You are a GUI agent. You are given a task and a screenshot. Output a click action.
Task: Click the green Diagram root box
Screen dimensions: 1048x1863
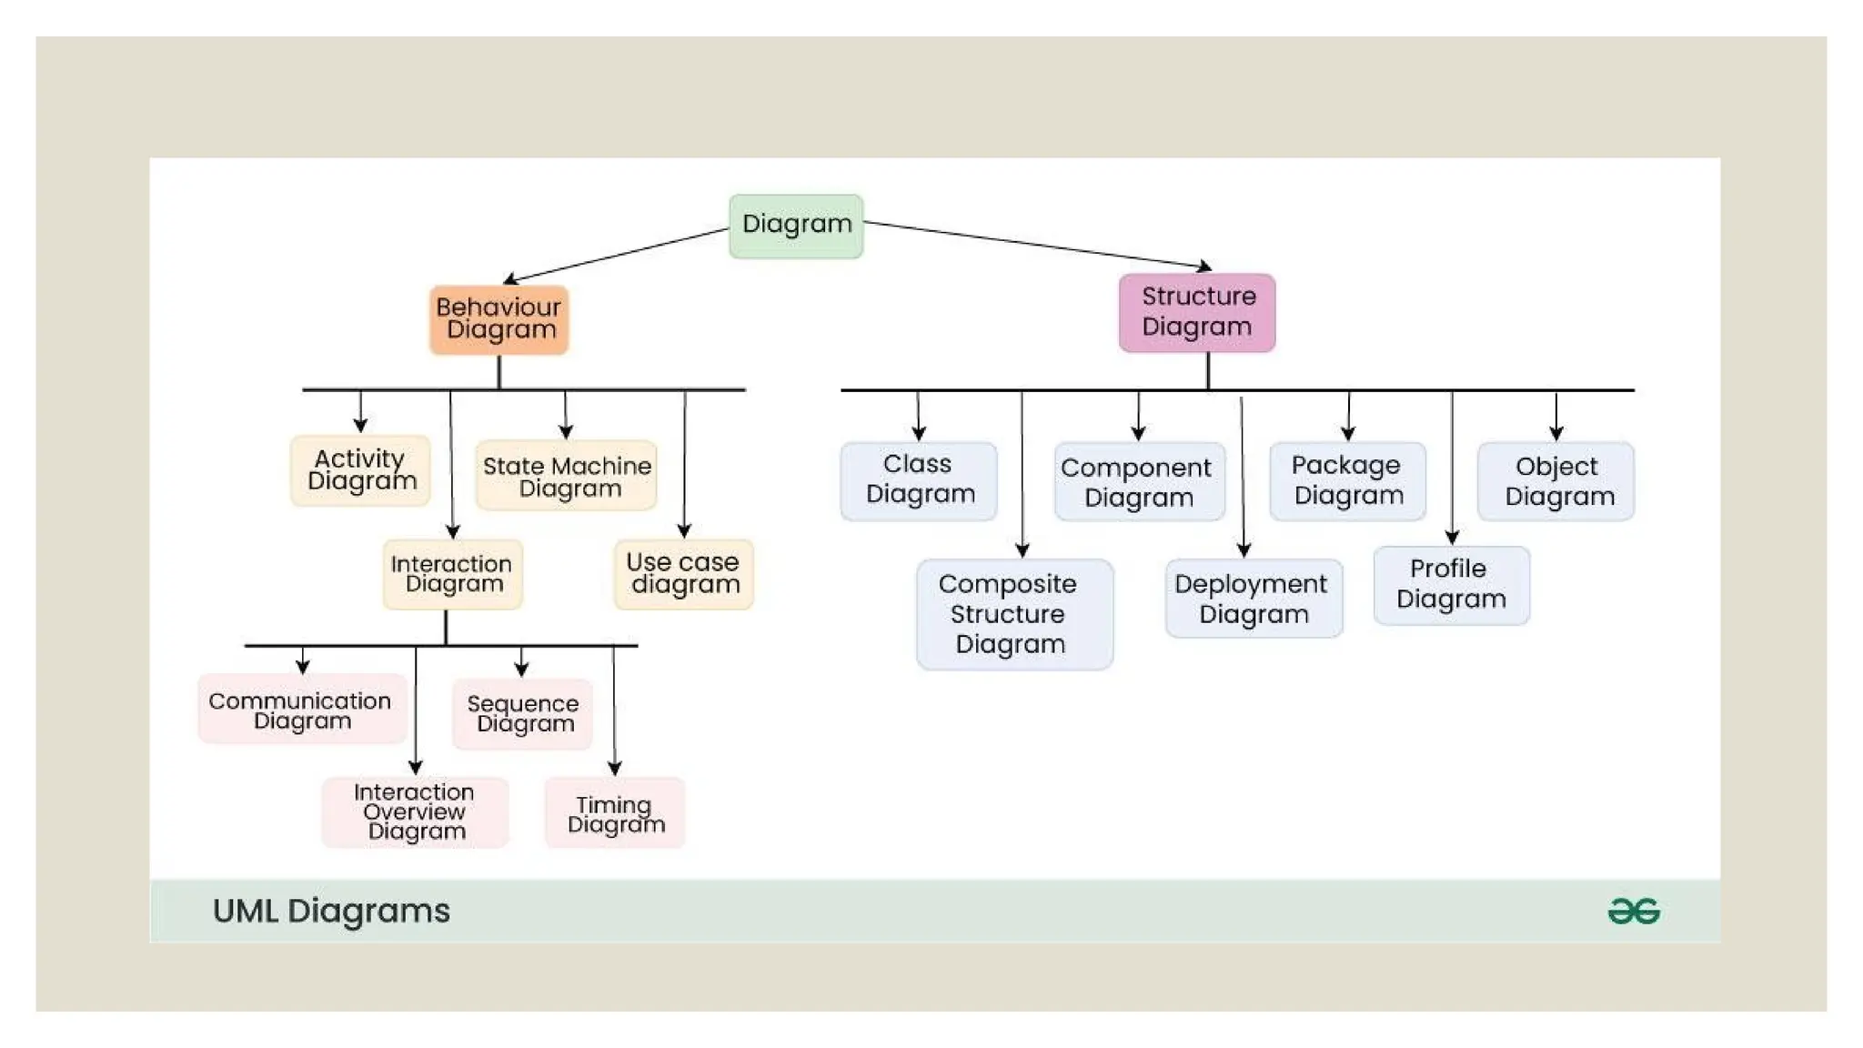click(x=796, y=226)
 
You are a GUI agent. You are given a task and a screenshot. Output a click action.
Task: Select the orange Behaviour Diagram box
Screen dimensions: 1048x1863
click(x=498, y=319)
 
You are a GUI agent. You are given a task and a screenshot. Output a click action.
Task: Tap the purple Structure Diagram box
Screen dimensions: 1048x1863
click(x=1197, y=312)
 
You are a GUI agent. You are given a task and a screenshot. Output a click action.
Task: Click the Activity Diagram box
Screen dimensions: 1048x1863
click(x=360, y=470)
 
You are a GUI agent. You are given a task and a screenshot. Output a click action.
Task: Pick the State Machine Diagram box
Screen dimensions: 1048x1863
click(x=566, y=477)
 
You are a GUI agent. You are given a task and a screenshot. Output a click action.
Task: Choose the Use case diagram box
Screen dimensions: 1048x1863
click(x=683, y=574)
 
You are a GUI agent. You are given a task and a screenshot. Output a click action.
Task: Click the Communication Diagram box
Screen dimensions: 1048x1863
click(x=302, y=710)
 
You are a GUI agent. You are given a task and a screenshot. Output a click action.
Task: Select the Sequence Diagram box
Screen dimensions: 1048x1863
click(x=523, y=714)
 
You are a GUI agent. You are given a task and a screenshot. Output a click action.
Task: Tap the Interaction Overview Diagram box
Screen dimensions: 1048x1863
click(x=415, y=811)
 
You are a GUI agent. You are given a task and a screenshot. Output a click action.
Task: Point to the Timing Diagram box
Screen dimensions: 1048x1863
click(x=615, y=813)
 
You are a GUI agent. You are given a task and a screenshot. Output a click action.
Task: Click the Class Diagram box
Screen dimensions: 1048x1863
click(x=919, y=480)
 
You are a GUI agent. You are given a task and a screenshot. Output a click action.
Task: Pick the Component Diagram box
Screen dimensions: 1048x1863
click(x=1138, y=482)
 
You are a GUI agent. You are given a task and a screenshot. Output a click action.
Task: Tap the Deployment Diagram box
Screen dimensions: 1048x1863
click(x=1253, y=599)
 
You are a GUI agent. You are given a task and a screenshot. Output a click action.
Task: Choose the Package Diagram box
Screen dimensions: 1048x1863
click(x=1347, y=480)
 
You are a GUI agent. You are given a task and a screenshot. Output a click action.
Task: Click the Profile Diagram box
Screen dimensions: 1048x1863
click(x=1451, y=585)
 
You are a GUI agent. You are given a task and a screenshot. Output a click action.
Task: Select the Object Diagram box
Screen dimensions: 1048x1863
click(x=1556, y=481)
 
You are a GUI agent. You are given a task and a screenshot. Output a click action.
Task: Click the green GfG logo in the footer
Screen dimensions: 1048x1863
click(x=1634, y=911)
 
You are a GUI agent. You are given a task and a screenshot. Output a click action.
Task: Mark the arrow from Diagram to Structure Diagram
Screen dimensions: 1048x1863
click(x=1037, y=245)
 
